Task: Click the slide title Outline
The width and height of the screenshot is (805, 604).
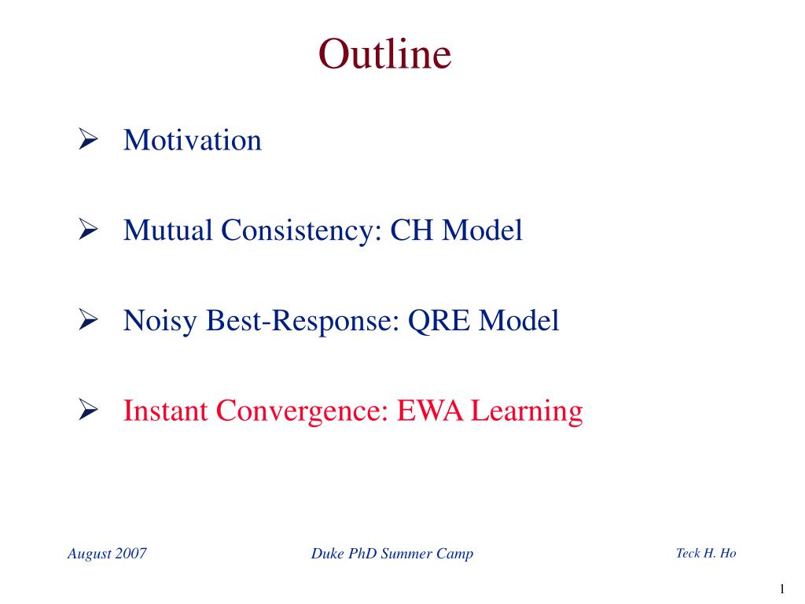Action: [x=384, y=53]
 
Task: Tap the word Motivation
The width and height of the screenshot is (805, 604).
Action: [x=193, y=140]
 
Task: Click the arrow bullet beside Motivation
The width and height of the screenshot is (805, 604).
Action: [x=88, y=138]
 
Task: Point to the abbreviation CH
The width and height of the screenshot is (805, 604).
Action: [x=412, y=230]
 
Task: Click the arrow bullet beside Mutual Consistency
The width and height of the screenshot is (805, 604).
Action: [x=88, y=229]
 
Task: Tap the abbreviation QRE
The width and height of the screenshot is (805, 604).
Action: [x=439, y=321]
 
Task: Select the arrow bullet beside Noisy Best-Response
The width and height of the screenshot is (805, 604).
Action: [x=88, y=319]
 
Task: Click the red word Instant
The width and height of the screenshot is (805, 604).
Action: [x=165, y=411]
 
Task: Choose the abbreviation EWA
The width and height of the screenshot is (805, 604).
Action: [x=430, y=411]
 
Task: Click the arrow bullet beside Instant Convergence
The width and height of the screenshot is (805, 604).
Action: [x=88, y=409]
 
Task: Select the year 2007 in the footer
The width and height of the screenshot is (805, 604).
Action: [x=131, y=553]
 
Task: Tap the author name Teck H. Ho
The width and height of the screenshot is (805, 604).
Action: [x=707, y=553]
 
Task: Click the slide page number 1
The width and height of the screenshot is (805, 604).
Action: [x=782, y=588]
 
